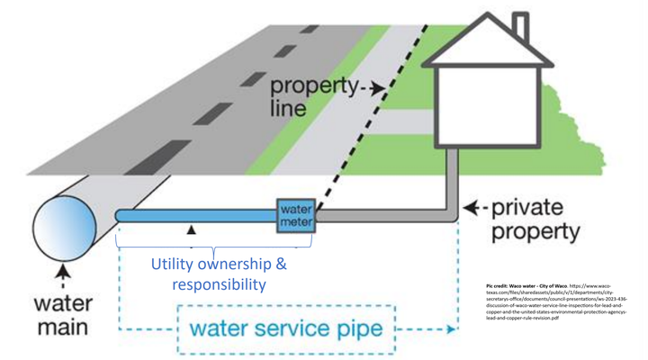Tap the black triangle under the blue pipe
191,231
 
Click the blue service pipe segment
198,217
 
